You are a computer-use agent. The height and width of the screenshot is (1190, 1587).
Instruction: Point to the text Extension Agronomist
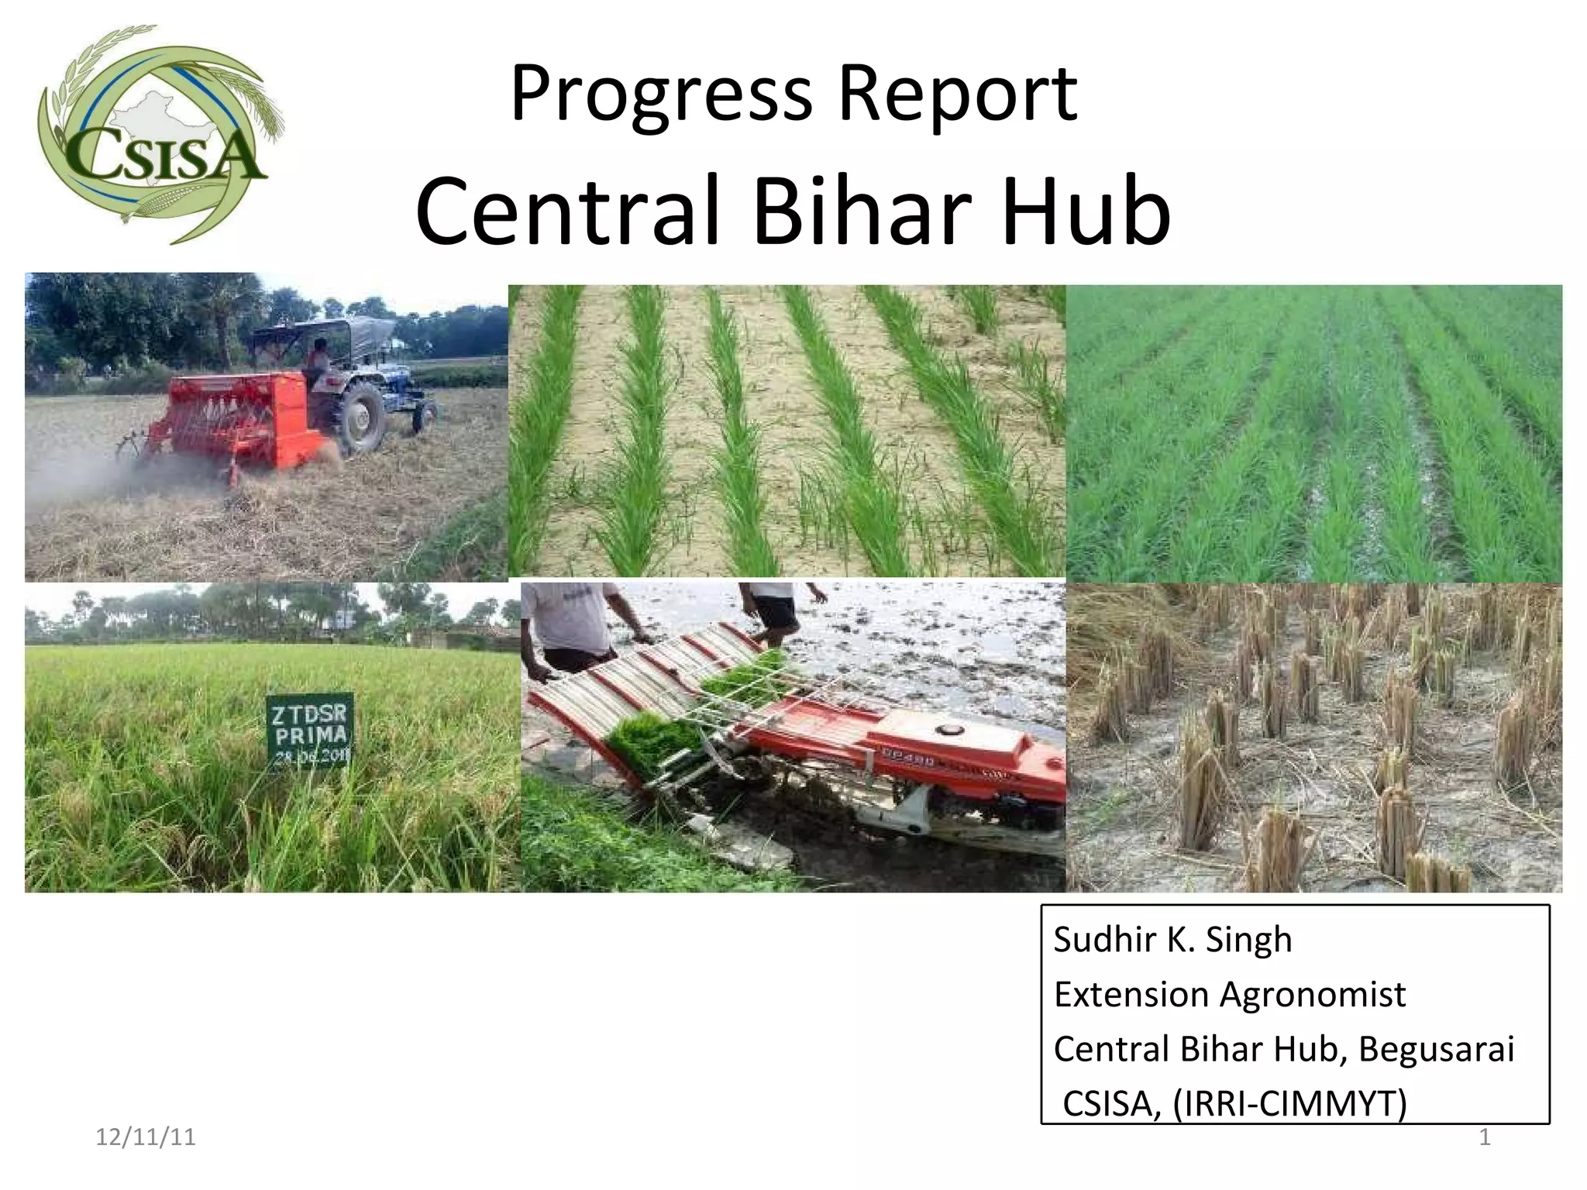(1229, 995)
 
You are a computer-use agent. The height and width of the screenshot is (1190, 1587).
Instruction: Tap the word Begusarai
(1436, 1050)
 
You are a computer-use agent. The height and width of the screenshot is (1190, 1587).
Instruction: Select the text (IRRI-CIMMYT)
(1289, 1103)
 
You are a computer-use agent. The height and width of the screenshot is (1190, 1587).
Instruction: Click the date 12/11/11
(145, 1137)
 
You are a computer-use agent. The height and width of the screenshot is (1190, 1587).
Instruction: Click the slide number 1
(1485, 1137)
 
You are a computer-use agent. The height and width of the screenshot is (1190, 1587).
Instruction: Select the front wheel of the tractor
(424, 414)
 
